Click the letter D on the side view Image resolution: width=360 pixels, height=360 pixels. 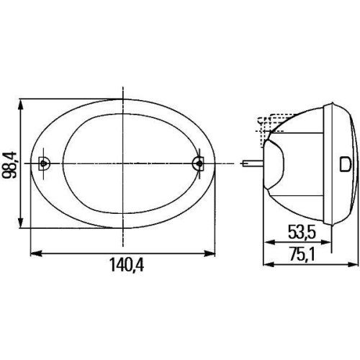[346, 165]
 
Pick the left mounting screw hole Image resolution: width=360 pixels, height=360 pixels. [45, 163]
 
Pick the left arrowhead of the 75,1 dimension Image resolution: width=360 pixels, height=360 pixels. [266, 264]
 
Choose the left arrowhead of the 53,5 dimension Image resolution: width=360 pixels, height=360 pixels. [266, 242]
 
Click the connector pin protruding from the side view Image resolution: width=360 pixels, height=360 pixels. [251, 164]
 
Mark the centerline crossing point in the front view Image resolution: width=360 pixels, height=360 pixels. [123, 163]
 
